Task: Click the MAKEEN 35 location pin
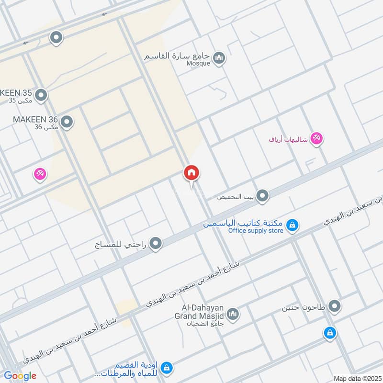(x=42, y=95)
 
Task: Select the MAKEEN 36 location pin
(x=67, y=123)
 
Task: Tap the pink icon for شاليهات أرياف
(x=316, y=139)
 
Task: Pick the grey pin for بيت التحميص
(x=262, y=195)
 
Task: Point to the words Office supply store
(x=256, y=231)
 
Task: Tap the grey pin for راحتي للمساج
(x=156, y=245)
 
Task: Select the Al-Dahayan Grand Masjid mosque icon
(x=233, y=314)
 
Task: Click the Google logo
(x=20, y=376)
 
